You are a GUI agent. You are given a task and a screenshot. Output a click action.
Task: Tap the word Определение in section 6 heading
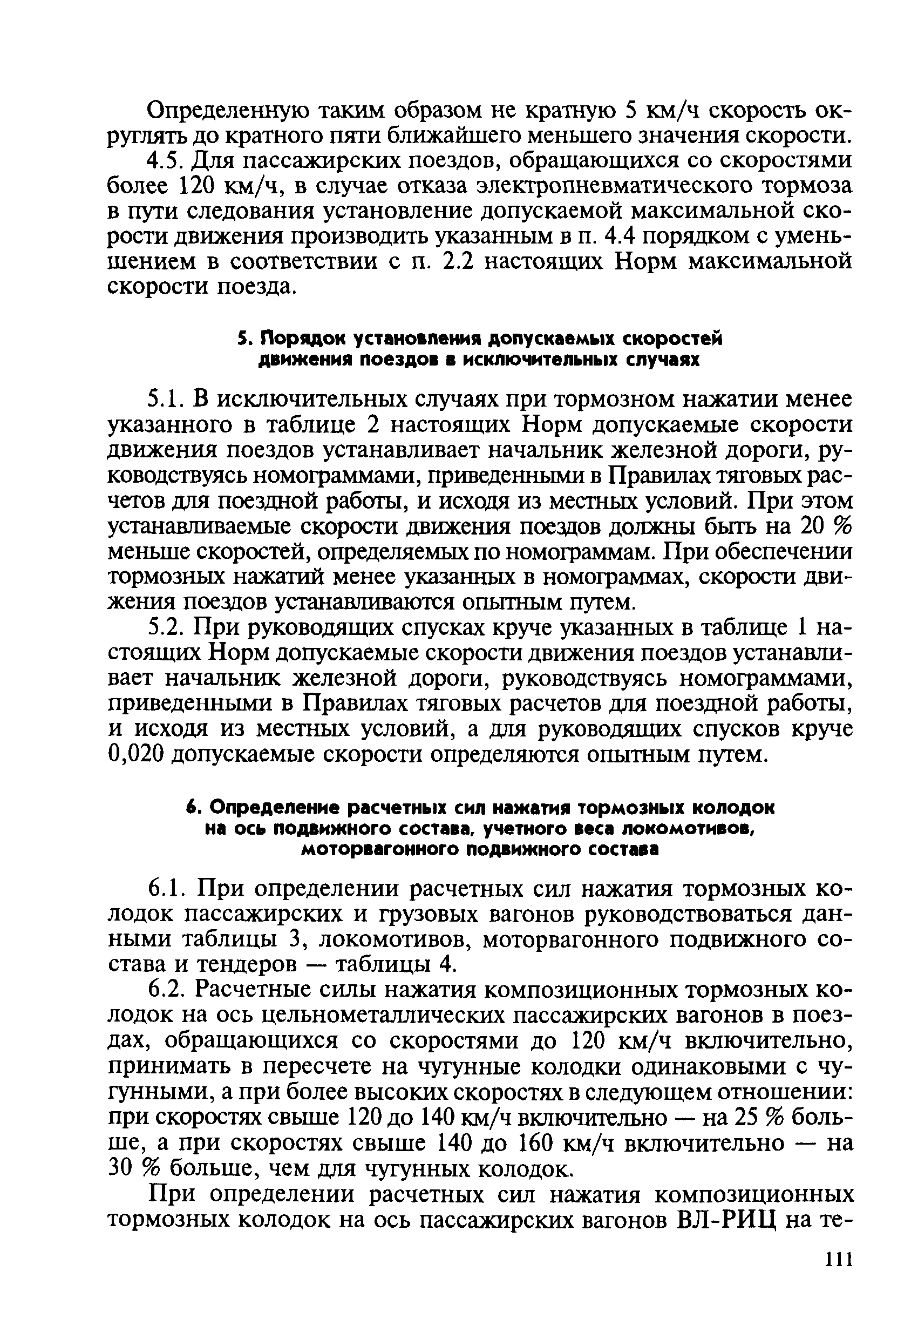pyautogui.click(x=266, y=808)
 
